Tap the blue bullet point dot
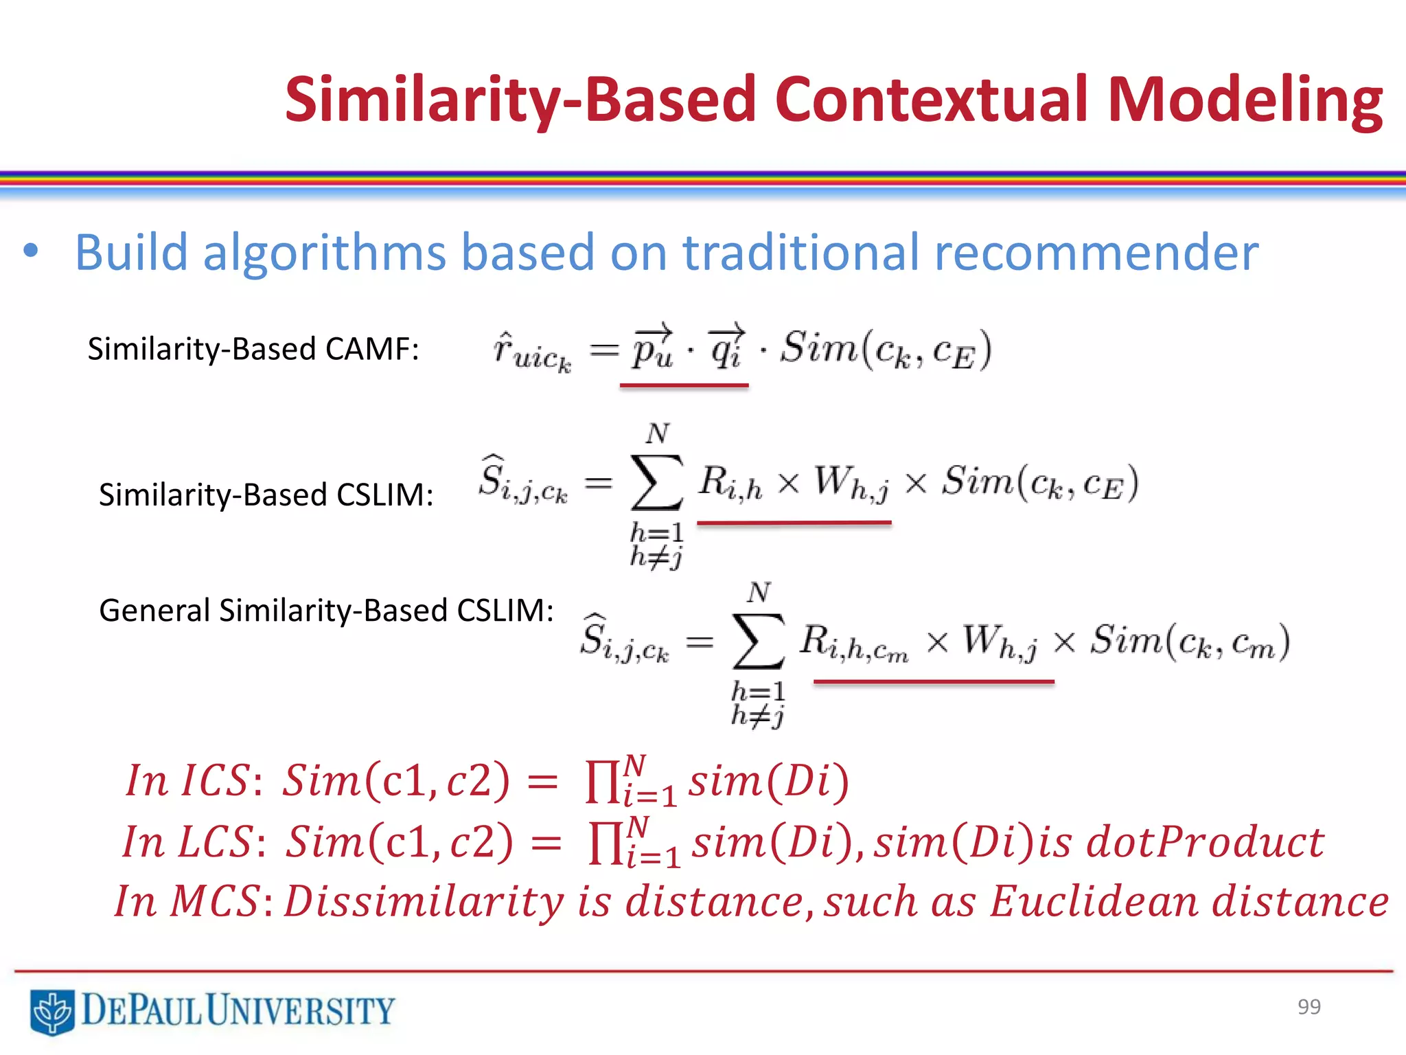30,251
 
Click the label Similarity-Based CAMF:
253,349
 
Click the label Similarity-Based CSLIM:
266,495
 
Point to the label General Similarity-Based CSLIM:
326,610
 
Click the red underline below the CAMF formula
684,386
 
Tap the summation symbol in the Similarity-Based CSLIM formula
656,483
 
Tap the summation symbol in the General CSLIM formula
758,641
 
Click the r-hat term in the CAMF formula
531,352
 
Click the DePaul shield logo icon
51,1011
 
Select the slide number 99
1309,1006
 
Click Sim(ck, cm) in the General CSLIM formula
1190,642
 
